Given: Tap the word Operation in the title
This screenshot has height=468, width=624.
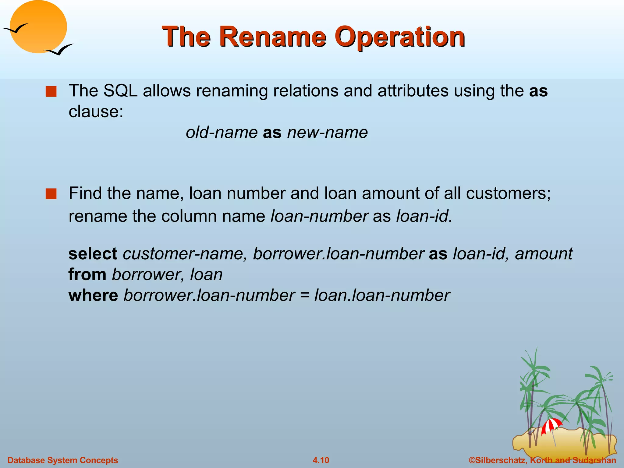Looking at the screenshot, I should [399, 37].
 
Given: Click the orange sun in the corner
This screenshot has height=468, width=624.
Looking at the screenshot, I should [38, 26].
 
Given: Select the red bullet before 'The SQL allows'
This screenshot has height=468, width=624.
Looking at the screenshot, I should [51, 91].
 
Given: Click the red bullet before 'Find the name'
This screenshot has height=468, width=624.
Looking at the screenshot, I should [51, 194].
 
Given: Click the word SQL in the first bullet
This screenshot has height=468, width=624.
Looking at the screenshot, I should [120, 91].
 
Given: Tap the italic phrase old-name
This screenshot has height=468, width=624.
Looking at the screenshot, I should [222, 133].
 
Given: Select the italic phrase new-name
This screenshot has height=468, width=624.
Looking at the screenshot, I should [327, 133].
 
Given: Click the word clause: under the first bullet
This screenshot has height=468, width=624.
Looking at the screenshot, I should [96, 112].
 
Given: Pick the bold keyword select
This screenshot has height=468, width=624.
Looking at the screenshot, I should [93, 253].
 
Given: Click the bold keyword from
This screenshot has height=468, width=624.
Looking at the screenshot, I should [87, 274].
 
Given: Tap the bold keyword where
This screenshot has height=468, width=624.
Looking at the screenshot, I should [93, 295].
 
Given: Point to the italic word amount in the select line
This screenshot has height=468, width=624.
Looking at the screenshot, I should [544, 253].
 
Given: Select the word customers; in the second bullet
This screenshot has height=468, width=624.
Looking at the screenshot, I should [508, 193].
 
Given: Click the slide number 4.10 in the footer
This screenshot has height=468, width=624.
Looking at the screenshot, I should [321, 460].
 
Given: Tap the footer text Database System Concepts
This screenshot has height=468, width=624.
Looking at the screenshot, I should [62, 460].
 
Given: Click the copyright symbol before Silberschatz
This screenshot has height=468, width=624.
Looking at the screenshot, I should [472, 460].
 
